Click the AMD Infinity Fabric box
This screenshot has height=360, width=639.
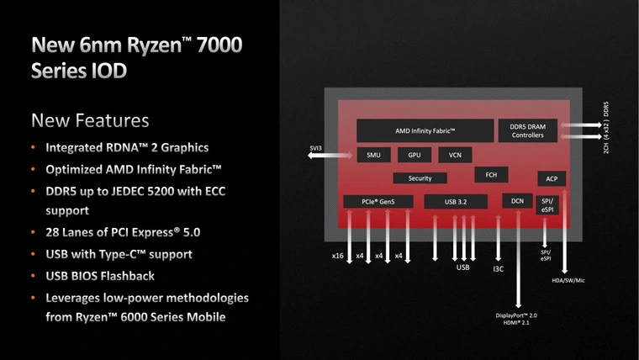[x=425, y=131]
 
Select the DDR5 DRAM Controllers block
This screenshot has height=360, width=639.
[x=528, y=131]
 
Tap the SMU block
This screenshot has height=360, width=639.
[x=373, y=155]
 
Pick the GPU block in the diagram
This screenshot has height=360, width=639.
[x=415, y=155]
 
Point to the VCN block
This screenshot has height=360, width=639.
[x=455, y=155]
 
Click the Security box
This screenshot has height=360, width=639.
[x=420, y=178]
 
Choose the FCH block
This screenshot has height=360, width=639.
[x=491, y=175]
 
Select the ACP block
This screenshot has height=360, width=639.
[x=552, y=178]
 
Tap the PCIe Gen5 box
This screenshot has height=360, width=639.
[x=378, y=201]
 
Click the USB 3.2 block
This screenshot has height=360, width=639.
[x=456, y=201]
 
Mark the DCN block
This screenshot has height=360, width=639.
[x=518, y=201]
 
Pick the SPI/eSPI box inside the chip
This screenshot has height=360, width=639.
[x=547, y=205]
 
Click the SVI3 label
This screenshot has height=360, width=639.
[x=316, y=148]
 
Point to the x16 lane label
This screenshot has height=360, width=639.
[x=337, y=256]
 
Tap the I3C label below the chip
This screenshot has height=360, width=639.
[x=499, y=269]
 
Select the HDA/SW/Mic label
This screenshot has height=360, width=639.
[x=568, y=280]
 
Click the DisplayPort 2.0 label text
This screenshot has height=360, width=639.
[x=516, y=315]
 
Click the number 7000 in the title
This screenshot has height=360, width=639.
[x=219, y=45]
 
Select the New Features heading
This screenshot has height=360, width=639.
[x=90, y=120]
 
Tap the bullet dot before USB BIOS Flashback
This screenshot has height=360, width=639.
[x=34, y=276]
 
